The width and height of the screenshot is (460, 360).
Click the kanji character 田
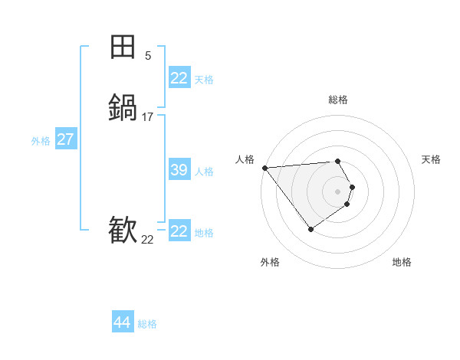point(123,47)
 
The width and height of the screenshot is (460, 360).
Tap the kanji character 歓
point(123,229)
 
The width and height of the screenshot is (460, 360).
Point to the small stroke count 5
point(148,56)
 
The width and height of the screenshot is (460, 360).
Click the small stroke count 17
point(148,117)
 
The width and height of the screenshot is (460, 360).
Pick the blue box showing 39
point(179,170)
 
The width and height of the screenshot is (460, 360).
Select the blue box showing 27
point(65,139)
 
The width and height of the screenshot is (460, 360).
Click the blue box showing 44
point(122,322)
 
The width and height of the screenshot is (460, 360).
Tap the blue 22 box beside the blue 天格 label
point(179,78)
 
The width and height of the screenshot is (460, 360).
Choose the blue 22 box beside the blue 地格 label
point(179,231)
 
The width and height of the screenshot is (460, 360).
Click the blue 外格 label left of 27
point(41,141)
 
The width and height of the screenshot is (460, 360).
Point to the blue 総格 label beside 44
point(147,324)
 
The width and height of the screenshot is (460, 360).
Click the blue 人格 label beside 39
point(205,172)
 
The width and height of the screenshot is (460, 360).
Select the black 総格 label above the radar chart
point(338,100)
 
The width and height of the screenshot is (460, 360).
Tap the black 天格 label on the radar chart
point(432,159)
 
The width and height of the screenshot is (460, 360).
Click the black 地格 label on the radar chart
point(402,262)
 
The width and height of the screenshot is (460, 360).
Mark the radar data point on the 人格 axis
point(264,168)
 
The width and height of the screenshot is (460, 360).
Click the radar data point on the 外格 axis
point(310,228)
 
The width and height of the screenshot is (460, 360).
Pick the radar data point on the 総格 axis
point(338,161)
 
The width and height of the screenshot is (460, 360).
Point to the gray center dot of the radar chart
point(338,191)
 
